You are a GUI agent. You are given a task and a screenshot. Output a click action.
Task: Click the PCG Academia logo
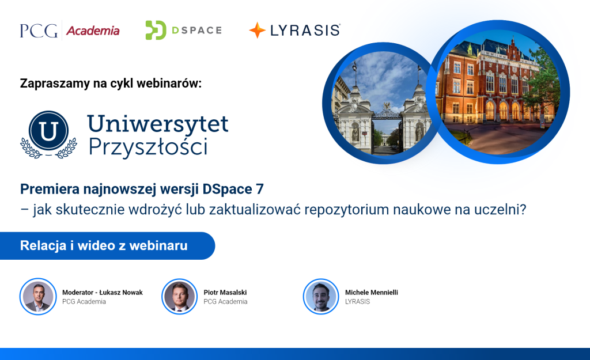coord(70,30)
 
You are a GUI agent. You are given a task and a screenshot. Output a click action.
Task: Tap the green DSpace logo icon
coord(156,30)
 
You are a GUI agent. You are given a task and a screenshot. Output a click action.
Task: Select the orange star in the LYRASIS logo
coord(258,30)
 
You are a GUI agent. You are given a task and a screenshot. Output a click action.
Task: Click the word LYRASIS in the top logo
coord(305,31)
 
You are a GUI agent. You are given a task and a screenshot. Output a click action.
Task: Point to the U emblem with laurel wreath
coord(48,134)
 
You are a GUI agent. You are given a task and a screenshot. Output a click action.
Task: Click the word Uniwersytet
coord(158,124)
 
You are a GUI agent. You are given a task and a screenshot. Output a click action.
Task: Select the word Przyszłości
coord(148,147)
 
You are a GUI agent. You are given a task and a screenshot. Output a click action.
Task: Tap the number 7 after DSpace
coord(260,189)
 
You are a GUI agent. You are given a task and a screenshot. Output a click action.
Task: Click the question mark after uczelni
coord(522,209)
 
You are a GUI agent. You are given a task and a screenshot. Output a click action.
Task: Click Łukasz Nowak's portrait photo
coord(38,297)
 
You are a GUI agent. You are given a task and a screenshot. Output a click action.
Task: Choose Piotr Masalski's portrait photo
coord(180,297)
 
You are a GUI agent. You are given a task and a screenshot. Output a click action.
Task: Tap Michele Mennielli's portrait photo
coord(321,297)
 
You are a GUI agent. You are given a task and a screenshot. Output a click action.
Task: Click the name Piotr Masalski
coord(225,292)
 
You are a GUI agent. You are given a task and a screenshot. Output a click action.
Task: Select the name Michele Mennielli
coord(372,292)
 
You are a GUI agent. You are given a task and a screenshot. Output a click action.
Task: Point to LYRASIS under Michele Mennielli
coord(357,302)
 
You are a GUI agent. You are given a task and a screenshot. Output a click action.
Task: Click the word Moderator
coord(78,292)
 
